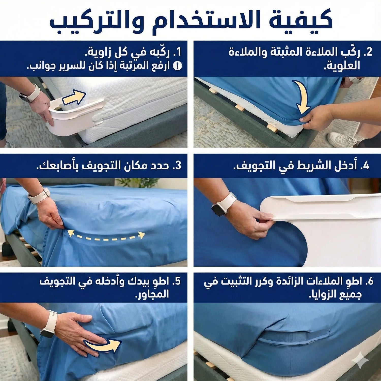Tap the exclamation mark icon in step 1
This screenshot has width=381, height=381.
[x=177, y=66]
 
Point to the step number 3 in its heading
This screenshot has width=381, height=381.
[x=178, y=166]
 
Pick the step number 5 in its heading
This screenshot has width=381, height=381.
[x=178, y=281]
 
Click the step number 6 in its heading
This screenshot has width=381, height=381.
[x=370, y=281]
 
